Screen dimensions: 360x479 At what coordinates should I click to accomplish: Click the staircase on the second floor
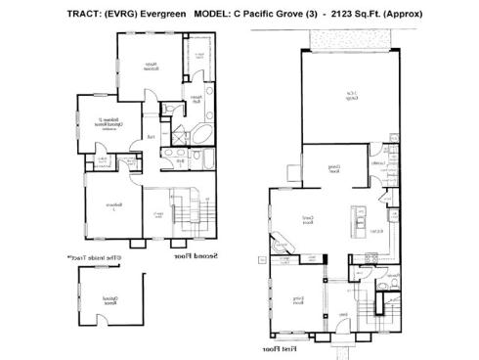tap(181, 214)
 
